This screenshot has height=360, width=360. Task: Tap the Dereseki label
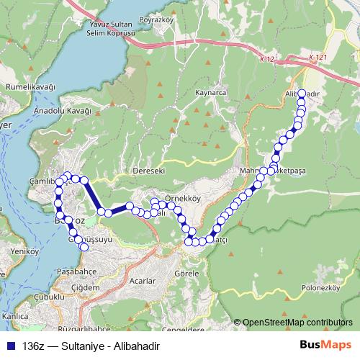click(x=149, y=171)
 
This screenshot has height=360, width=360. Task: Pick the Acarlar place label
click(x=145, y=280)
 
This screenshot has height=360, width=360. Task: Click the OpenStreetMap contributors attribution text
click(x=298, y=323)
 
